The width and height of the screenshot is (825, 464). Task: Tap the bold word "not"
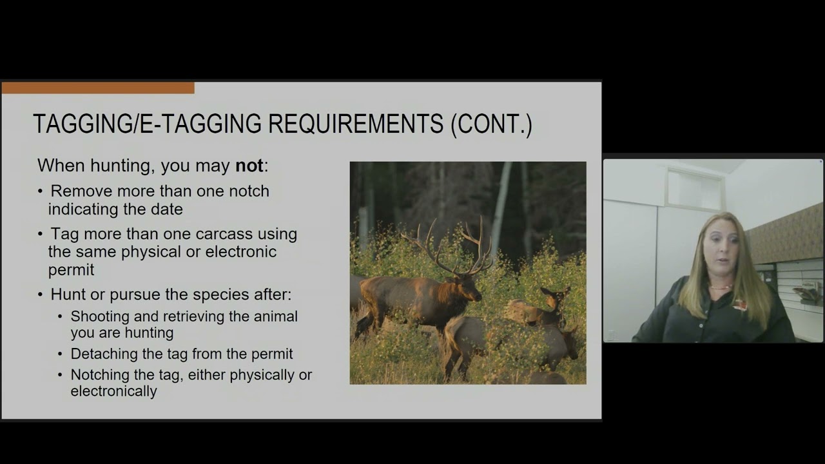[x=249, y=166]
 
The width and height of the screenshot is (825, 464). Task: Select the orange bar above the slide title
[x=98, y=88]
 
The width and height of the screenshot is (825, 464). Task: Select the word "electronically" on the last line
[x=113, y=391]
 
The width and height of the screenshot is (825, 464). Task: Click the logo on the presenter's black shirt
[x=739, y=305]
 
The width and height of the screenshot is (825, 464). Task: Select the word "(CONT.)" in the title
[x=491, y=124]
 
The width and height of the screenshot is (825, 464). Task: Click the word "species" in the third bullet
[x=229, y=295]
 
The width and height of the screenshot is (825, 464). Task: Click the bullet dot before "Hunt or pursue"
[x=41, y=295]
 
